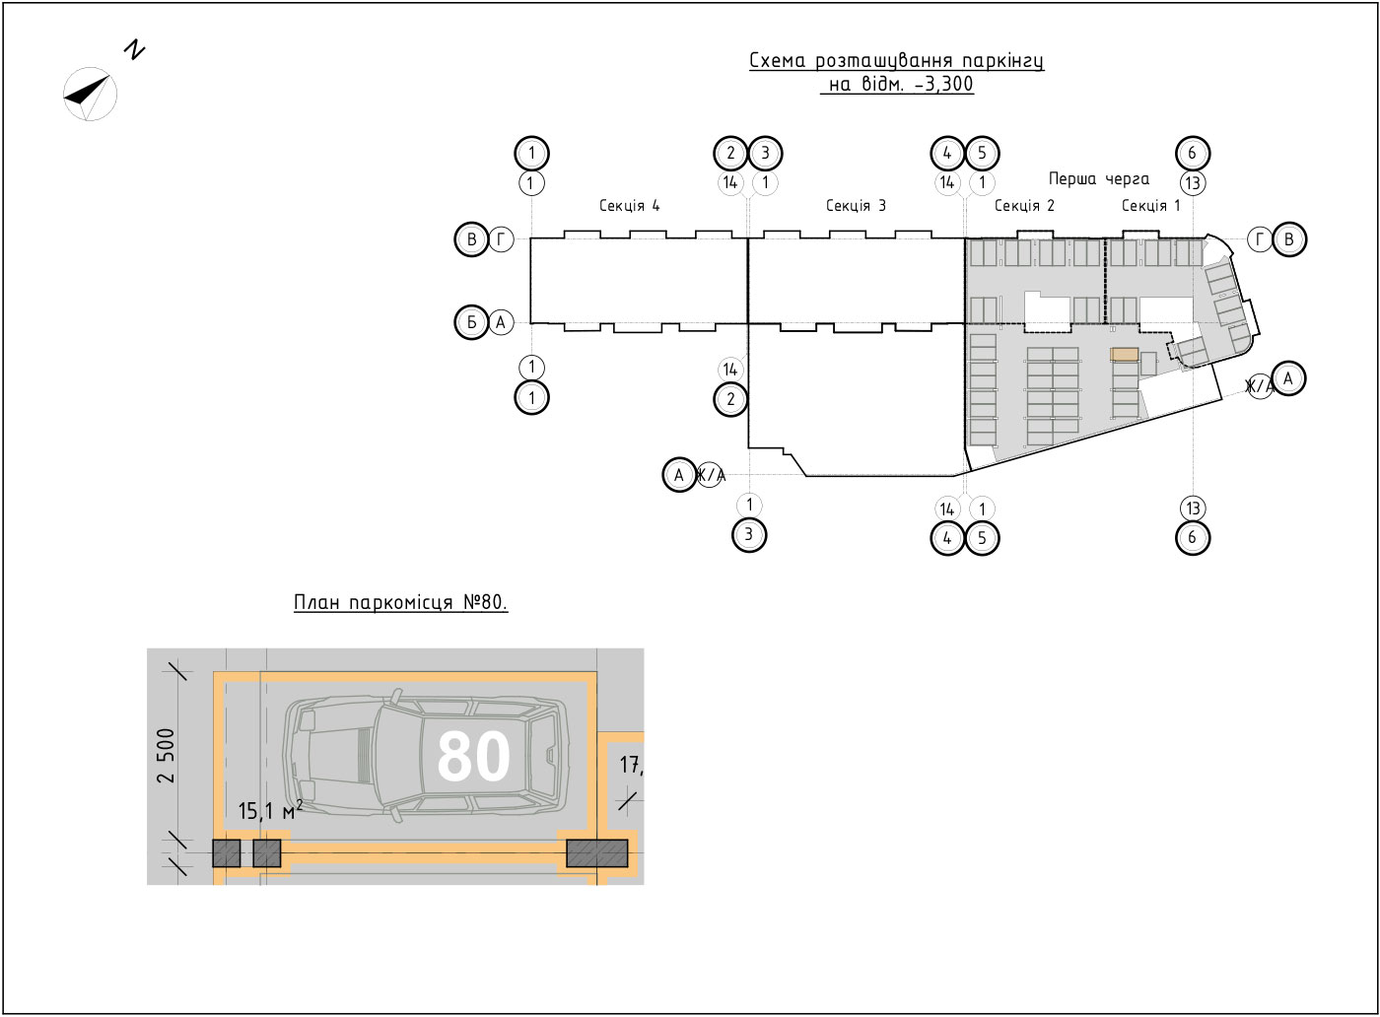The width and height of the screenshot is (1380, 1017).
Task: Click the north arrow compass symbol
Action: coord(90,95)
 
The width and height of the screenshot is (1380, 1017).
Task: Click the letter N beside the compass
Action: coord(135,50)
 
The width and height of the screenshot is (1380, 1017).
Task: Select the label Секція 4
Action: coord(630,206)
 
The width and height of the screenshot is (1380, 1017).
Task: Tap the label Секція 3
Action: coord(856,206)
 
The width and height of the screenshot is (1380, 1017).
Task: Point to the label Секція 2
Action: coord(1024,206)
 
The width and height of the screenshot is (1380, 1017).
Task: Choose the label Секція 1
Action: coord(1151,206)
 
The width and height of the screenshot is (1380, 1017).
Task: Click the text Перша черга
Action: coord(1099,179)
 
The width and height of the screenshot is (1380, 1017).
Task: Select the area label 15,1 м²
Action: coord(270,811)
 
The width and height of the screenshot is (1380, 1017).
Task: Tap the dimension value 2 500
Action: coord(167,756)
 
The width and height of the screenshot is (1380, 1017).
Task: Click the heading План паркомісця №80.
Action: coord(401,602)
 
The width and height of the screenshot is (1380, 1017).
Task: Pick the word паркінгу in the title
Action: coord(1003,61)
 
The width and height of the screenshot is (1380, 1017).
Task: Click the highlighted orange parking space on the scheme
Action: coord(1125,354)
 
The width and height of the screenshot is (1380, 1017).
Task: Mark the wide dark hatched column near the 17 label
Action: coord(597,853)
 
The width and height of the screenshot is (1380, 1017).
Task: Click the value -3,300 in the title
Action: coord(944,84)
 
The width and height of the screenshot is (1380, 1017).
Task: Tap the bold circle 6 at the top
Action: coord(1193,153)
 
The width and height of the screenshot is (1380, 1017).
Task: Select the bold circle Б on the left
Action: coord(472,322)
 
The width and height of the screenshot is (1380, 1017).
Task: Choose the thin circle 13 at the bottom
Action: coord(1193,508)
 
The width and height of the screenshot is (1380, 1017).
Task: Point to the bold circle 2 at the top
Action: coord(730,153)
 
